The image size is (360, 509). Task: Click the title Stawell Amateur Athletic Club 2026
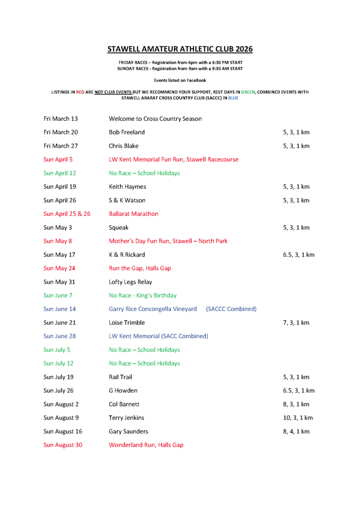pos(180,49)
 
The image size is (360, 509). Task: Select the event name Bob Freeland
pos(127,132)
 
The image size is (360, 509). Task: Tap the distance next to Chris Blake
pos(296,146)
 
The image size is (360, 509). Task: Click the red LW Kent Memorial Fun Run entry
pos(174,160)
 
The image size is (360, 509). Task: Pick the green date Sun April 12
pos(60,173)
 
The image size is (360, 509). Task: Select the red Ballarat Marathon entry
pos(133,214)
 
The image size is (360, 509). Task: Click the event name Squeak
pos(118,227)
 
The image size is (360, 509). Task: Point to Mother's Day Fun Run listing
pos(168,241)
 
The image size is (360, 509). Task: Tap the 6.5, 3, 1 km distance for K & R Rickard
pos(298,254)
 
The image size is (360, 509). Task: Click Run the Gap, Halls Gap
pos(140,268)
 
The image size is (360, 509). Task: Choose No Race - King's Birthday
pos(143,295)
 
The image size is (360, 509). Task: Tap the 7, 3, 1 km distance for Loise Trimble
pos(296,323)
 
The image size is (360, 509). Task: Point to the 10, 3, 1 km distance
pos(298,418)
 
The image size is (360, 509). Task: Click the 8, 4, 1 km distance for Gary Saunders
pos(296,431)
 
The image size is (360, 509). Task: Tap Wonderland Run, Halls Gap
pos(146,445)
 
